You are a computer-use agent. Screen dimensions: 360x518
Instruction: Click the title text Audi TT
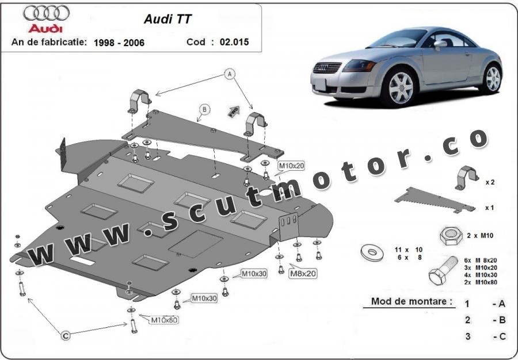coord(167,18)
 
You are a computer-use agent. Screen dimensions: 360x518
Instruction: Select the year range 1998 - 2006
coord(119,43)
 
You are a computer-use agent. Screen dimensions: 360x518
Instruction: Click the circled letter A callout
coord(230,74)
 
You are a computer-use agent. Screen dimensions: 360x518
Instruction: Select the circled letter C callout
coord(66,335)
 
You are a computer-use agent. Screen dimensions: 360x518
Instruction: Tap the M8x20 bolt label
coord(303,273)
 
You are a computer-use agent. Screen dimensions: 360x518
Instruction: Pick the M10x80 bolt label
coord(163,320)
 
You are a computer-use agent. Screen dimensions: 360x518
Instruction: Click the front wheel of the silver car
coord(401,87)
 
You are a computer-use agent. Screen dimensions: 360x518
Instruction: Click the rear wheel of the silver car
coord(493,78)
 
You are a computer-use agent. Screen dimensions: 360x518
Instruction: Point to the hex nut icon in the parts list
coord(450,235)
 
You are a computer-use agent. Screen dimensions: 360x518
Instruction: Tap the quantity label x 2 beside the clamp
coord(490,182)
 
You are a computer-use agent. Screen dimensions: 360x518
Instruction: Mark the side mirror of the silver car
coord(440,44)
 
